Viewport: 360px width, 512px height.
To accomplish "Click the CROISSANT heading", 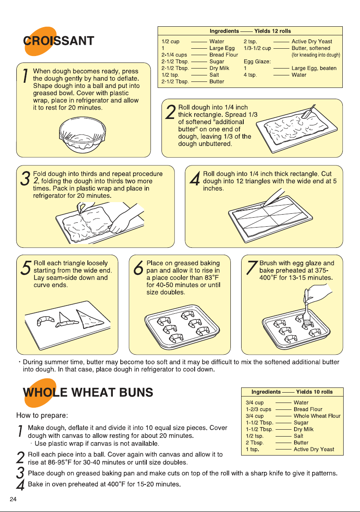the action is (59, 41).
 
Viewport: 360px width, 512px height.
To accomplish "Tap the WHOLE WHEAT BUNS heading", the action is (88, 392).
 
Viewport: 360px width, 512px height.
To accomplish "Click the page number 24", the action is (13, 499).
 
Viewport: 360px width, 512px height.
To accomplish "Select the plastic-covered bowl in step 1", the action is (82, 135).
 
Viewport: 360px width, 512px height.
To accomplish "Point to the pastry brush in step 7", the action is (306, 310).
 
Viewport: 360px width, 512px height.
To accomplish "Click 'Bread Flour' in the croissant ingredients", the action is (223, 55).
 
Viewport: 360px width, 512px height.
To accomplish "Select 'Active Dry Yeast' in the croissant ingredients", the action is (312, 41).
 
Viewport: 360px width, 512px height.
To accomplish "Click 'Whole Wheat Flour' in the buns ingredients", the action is (317, 416).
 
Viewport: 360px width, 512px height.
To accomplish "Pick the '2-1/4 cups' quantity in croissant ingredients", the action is (174, 55).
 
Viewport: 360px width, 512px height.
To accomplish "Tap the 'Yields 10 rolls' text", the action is (314, 392).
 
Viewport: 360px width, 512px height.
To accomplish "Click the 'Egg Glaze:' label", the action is (257, 61).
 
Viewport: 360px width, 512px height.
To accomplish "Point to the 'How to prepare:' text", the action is (42, 415).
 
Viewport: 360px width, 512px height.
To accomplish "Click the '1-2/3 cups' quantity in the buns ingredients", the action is (258, 409).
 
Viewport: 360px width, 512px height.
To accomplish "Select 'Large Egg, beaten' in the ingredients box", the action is (314, 68).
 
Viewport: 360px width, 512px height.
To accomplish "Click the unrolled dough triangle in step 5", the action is (90, 319).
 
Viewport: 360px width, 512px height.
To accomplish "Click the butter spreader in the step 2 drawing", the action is (309, 111).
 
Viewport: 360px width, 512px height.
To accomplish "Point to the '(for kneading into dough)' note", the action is (316, 55).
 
